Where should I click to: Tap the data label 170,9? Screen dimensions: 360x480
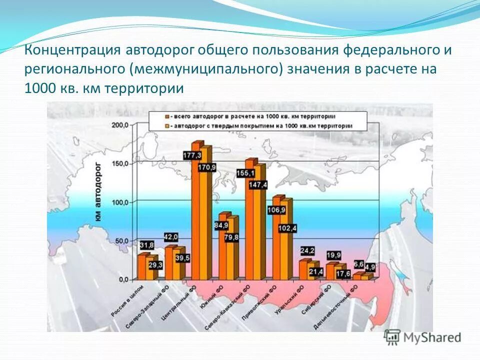coord(207,167)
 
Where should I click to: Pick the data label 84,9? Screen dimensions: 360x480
coord(221,225)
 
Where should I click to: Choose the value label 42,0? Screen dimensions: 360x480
coord(171,236)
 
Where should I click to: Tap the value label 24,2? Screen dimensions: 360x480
coord(307,250)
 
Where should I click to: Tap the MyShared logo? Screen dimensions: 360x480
coord(423,337)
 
